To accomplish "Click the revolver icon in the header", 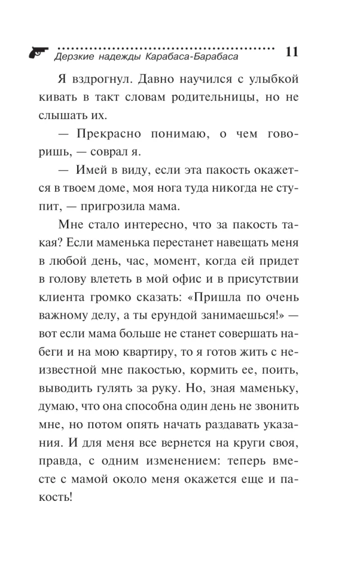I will [37, 51].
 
